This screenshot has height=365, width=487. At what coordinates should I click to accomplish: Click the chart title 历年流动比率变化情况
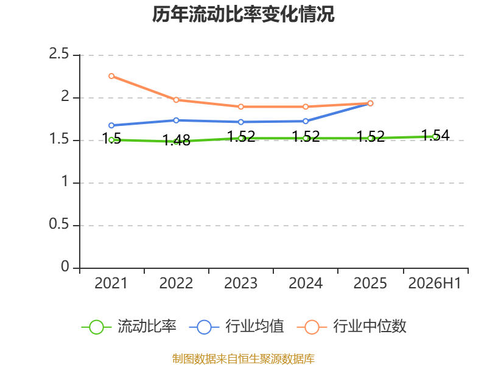pos(243,14)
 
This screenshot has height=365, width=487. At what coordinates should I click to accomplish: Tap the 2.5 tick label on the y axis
pos(58,54)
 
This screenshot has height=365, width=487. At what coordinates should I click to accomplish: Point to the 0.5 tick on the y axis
pos(58,224)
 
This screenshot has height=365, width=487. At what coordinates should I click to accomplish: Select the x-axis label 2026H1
pos(435,283)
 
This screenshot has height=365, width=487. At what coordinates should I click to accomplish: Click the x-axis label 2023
pos(240,283)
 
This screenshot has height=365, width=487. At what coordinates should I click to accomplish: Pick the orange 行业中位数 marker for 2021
pos(111,76)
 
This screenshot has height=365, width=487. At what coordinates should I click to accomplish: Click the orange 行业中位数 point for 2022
pos(176,100)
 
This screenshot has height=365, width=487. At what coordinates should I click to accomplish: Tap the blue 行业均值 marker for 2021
pos(111,125)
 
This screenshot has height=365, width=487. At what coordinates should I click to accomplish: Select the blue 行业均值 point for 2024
pos(306,121)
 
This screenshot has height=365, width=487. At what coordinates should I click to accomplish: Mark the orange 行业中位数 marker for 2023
pos(240,107)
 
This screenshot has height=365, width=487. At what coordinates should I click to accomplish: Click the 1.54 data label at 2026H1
pos(435,135)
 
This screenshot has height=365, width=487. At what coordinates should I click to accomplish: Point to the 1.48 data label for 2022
pos(177,141)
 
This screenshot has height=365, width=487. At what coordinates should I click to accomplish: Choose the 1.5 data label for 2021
pos(111,139)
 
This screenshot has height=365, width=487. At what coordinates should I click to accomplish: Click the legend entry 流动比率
pos(129,327)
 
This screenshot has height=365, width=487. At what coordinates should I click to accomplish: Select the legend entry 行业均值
pos(237,327)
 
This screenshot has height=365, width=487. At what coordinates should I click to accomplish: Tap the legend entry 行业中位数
pos(352,327)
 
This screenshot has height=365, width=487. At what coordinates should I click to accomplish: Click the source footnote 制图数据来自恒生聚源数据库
pos(243,358)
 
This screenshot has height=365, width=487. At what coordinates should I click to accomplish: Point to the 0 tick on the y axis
pos(65,266)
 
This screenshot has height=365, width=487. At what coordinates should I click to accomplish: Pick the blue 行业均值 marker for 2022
pos(176,120)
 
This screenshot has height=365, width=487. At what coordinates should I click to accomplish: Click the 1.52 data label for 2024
pos(306,136)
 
